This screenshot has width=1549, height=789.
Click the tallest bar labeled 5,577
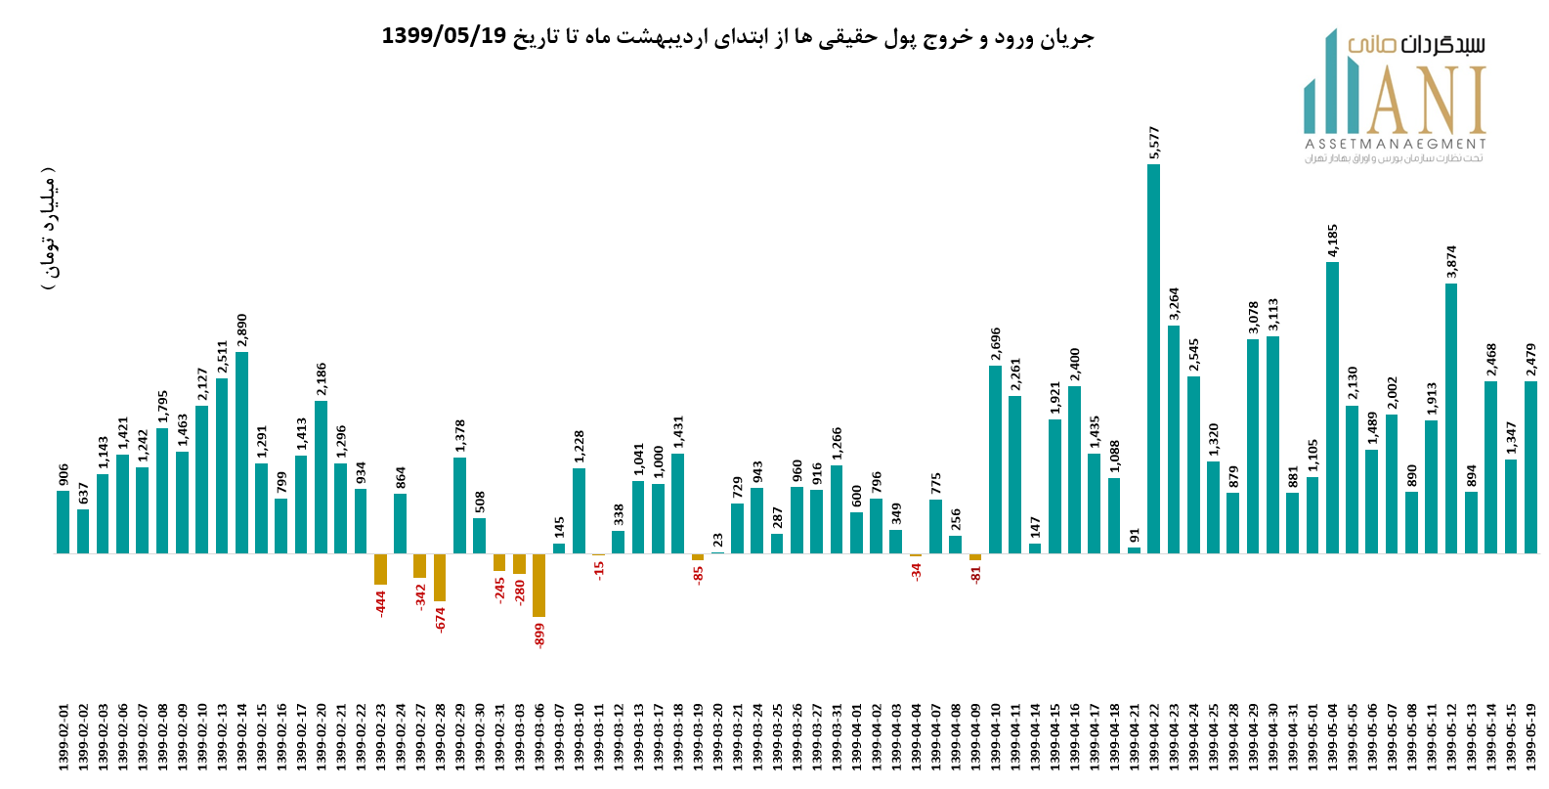pos(1153,358)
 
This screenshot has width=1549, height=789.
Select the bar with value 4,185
pos(1332,407)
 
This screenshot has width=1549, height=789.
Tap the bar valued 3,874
pos(1451,417)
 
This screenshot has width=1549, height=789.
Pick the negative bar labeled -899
pos(538,585)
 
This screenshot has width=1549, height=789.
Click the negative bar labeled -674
pos(440,577)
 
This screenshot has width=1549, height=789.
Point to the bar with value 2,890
pos(241,452)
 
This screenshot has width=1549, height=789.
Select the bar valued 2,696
pos(995,459)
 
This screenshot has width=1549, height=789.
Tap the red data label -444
pos(381,601)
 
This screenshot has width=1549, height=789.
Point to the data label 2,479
pos(1530,360)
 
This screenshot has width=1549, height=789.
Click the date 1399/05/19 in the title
pos(444,36)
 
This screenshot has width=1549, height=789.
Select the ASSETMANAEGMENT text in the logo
pos(1395,144)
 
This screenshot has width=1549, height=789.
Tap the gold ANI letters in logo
pos(1427,101)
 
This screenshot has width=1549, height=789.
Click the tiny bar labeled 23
pos(717,552)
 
